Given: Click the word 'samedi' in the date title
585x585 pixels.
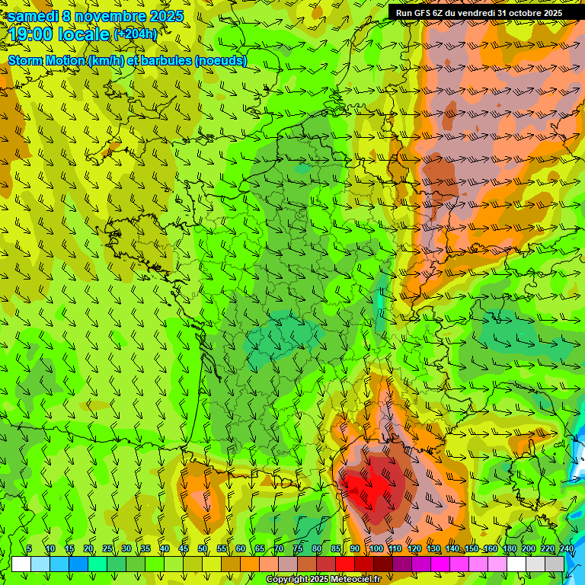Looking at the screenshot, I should (33, 16).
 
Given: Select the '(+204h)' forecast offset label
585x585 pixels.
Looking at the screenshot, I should (136, 34).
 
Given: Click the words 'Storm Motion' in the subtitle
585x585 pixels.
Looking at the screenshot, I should (47, 60).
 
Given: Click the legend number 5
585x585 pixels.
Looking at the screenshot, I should (29, 548).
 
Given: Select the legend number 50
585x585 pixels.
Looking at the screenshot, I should (203, 548).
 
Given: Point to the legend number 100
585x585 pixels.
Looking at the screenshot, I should (376, 548).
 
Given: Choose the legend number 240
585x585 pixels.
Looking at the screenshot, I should (566, 548).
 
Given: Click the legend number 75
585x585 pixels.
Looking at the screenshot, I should (298, 548).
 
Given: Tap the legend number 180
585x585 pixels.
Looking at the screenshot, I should (509, 548).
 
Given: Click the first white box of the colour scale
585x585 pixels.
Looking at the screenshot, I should (21, 564).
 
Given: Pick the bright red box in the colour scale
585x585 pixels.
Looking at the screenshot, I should (345, 564).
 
